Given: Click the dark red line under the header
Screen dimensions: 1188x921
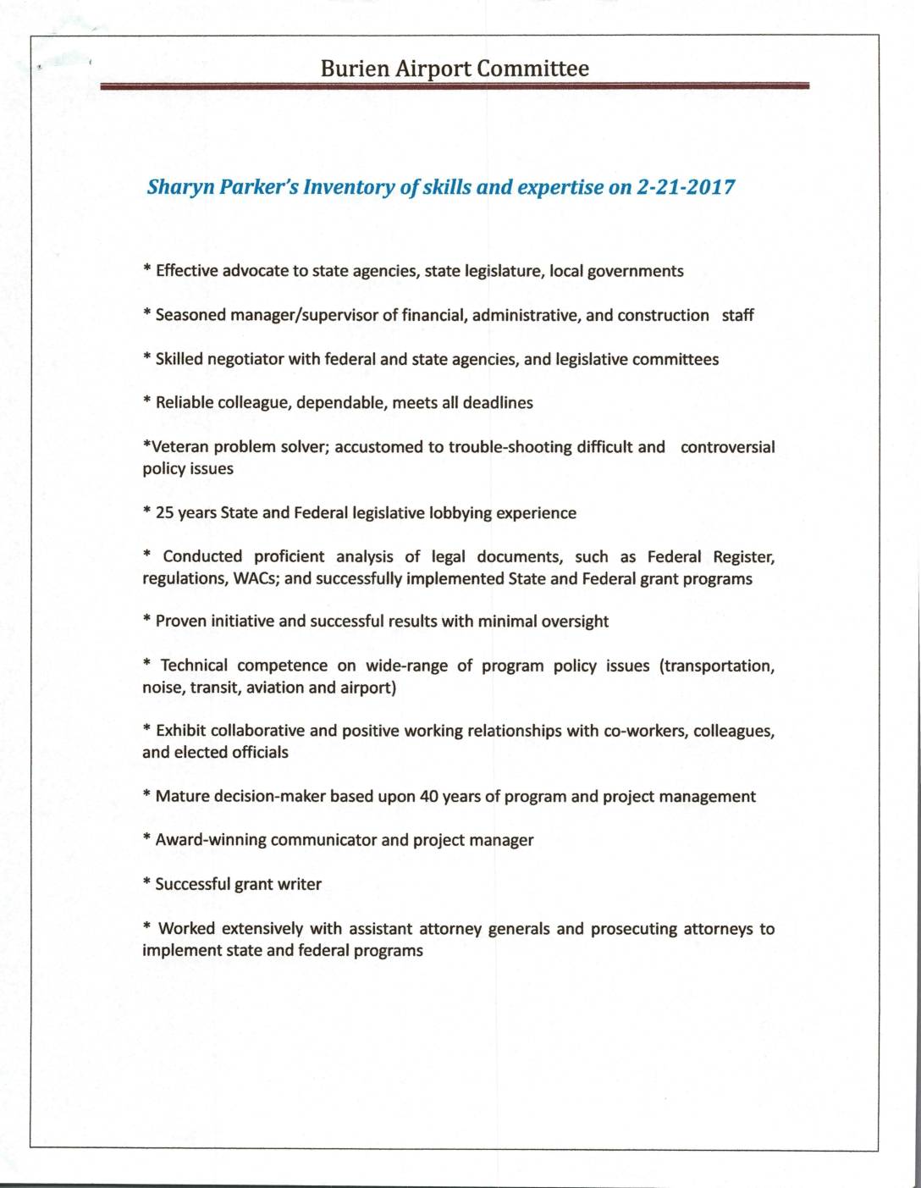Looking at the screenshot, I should (455, 86).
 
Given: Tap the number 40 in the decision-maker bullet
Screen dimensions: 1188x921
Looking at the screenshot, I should (428, 797).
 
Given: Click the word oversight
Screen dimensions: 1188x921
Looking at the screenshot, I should (575, 622).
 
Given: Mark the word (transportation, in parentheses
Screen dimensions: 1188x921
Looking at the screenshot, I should (717, 666).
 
